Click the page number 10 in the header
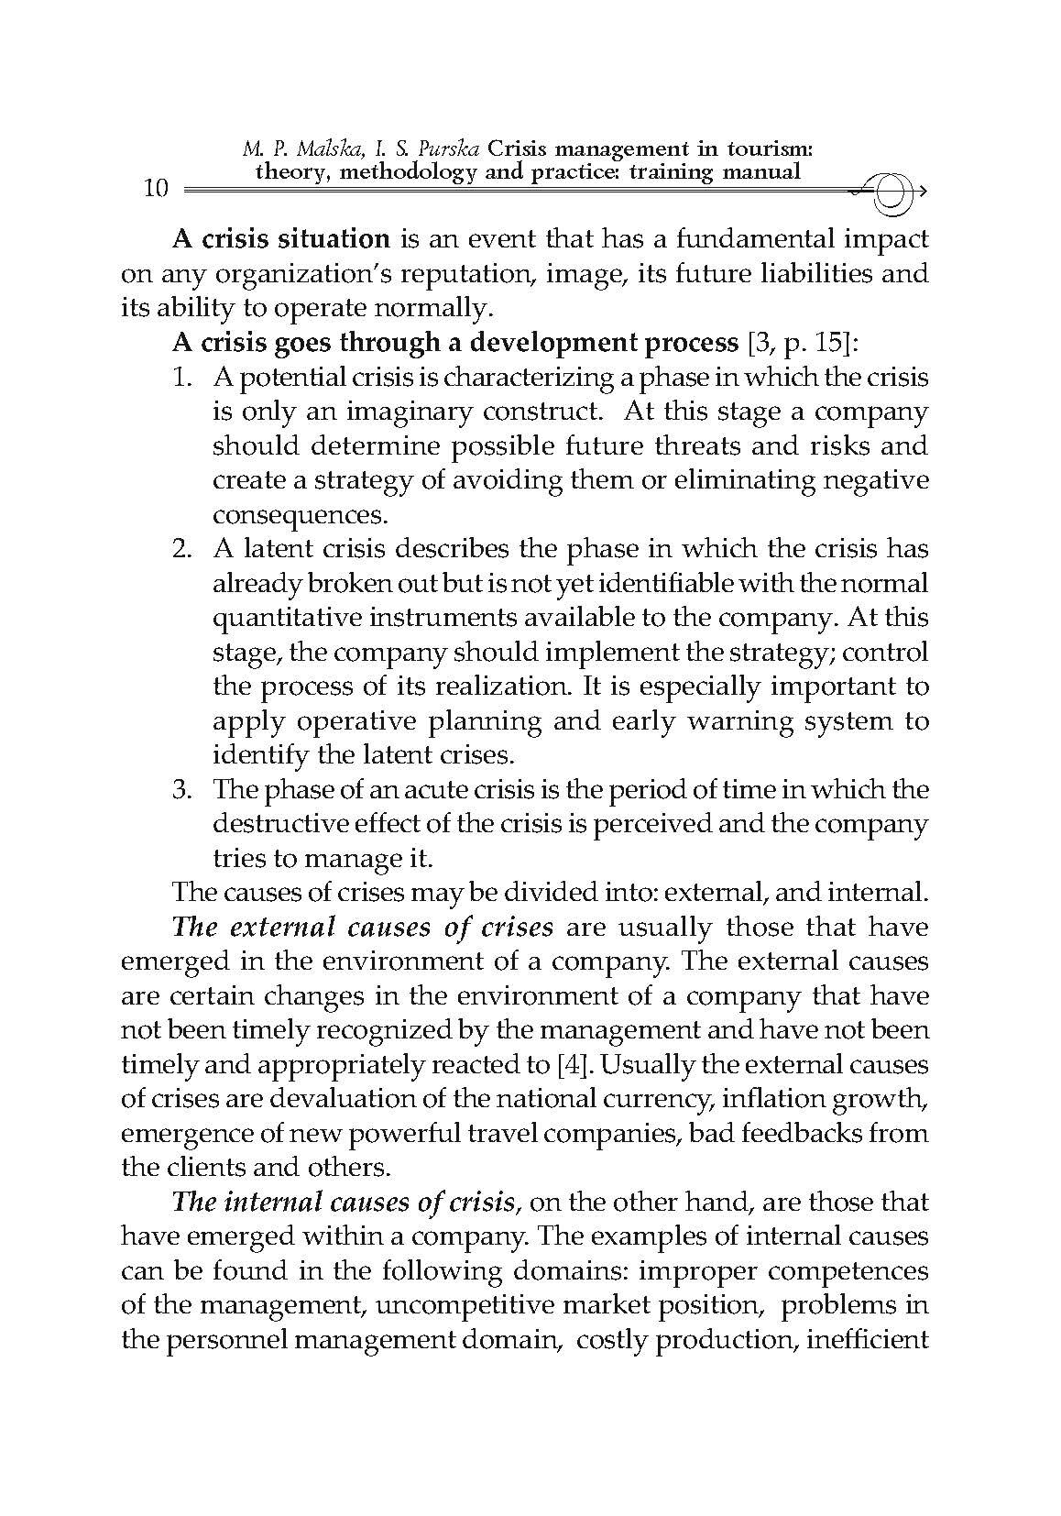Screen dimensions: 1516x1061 click(x=157, y=190)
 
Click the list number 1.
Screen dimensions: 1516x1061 click(x=181, y=378)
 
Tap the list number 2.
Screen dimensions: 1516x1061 click(x=181, y=549)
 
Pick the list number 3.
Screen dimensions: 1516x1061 click(x=181, y=789)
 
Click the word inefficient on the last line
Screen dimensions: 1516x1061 click(x=867, y=1340)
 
